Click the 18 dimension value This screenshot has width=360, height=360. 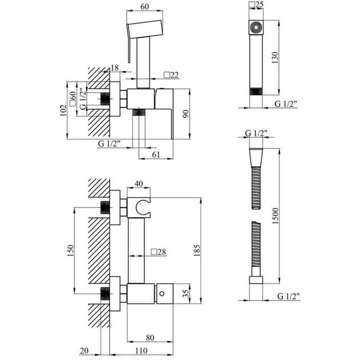pyautogui.click(x=115, y=68)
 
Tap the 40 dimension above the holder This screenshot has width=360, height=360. pyautogui.click(x=139, y=184)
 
